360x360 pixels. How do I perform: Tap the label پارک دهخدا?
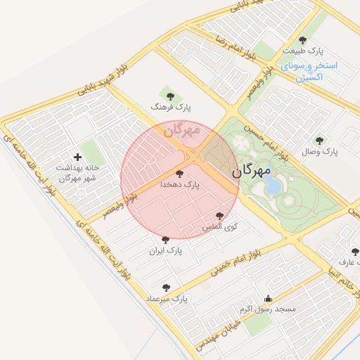(181, 184)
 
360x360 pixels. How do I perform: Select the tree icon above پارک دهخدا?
(180, 172)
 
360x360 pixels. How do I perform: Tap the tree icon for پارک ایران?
(165, 240)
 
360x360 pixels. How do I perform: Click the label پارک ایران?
(165, 250)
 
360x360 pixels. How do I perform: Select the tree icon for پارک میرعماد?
(166, 287)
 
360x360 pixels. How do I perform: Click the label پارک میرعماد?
(167, 298)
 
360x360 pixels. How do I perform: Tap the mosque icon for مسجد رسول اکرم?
(267, 297)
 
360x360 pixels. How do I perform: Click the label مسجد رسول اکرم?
(267, 309)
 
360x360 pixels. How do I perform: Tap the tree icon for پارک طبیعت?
(303, 40)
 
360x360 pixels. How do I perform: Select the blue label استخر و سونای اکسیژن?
(309, 72)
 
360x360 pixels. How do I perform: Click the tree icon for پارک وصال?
(320, 140)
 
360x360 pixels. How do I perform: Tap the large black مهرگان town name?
(251, 170)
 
